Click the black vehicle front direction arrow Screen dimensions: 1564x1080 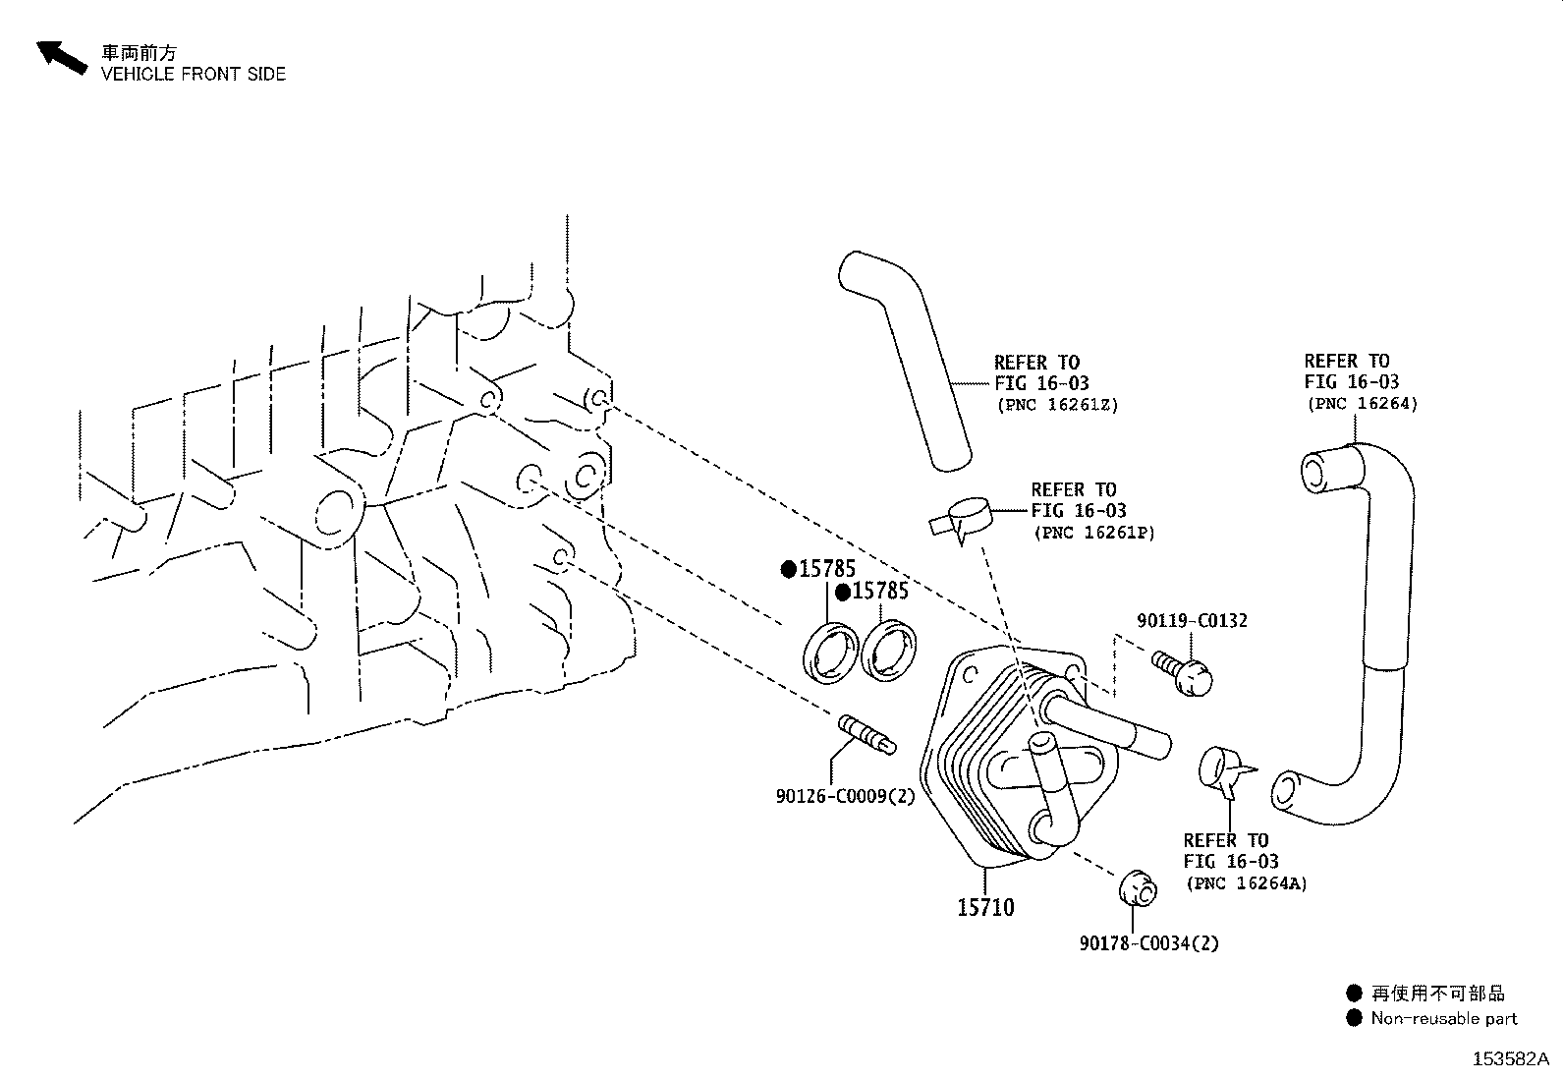(x=62, y=57)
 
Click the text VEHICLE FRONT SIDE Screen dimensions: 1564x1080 (x=194, y=74)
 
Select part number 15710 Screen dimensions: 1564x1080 (x=985, y=907)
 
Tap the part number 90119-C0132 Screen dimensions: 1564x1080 (x=1192, y=620)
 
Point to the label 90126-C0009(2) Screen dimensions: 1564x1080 (x=845, y=796)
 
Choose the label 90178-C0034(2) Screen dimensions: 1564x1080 (x=1148, y=943)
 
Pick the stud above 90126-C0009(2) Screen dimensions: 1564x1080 (x=866, y=734)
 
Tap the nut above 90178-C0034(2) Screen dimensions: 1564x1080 (x=1138, y=888)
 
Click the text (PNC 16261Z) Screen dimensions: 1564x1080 (x=1057, y=405)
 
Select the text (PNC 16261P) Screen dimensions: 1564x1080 (x=1094, y=533)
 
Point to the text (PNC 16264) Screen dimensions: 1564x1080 (x=1363, y=403)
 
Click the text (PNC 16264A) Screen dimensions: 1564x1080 (x=1247, y=883)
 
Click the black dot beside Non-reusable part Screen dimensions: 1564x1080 (x=1354, y=1018)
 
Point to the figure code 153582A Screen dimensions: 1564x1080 (x=1510, y=1059)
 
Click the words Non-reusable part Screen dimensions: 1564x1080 (x=1444, y=1018)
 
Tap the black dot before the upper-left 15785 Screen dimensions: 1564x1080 (x=788, y=569)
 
